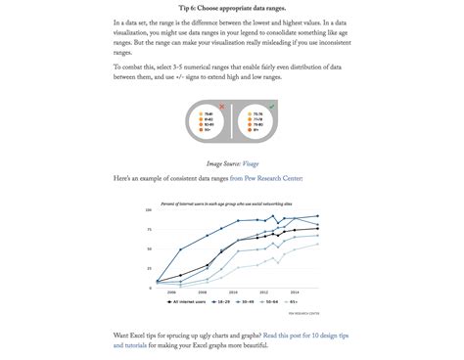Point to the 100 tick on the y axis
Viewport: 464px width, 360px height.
tap(148, 210)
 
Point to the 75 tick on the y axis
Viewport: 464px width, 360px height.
tap(149, 228)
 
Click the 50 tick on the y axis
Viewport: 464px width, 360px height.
tap(149, 247)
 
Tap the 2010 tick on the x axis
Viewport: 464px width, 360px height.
tap(235, 291)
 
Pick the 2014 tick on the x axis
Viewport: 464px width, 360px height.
tap(295, 291)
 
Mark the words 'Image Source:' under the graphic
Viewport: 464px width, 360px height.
tap(222, 163)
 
